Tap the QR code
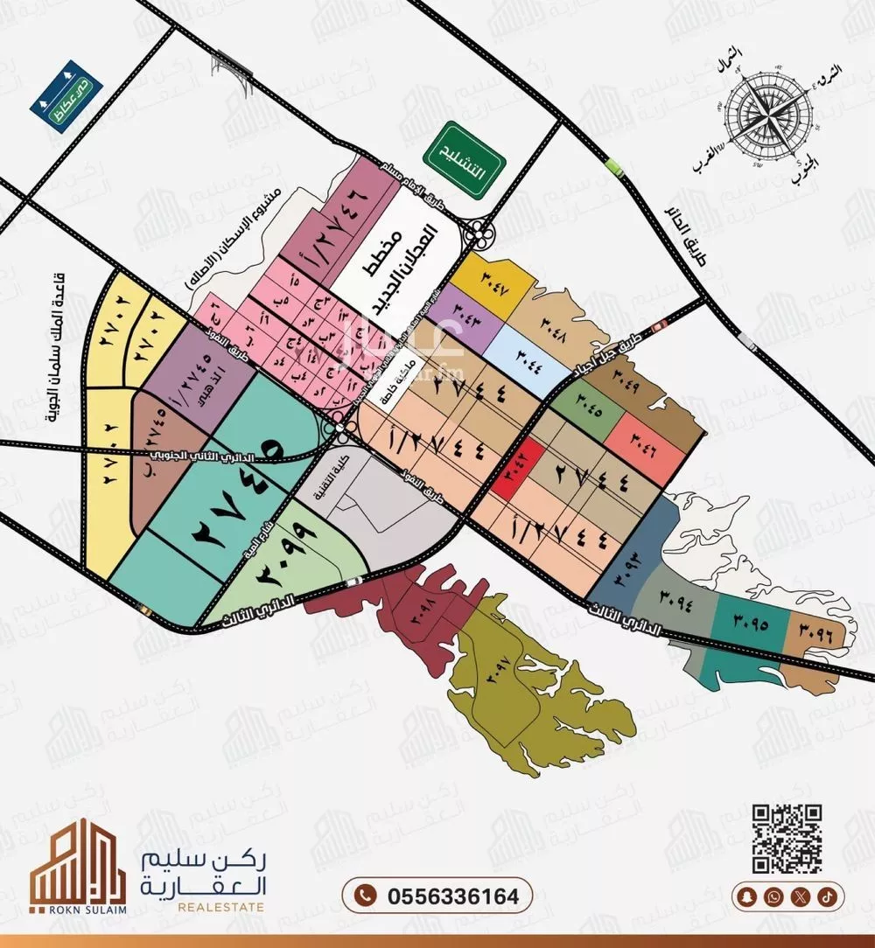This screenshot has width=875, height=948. pyautogui.click(x=787, y=838)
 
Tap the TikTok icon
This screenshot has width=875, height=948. pyautogui.click(x=827, y=896)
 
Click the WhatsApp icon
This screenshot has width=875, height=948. pyautogui.click(x=773, y=896)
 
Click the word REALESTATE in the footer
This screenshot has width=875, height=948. pyautogui.click(x=220, y=909)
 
